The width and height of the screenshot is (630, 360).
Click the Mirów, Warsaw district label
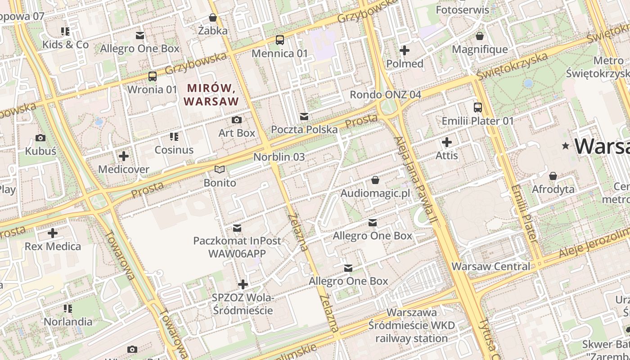pos(211,94)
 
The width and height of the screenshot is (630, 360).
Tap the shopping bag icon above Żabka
pos(213,18)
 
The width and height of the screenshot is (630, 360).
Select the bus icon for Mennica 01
pos(280,40)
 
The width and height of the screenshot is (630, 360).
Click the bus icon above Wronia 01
pos(153,76)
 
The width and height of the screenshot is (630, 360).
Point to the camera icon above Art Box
pos(236,120)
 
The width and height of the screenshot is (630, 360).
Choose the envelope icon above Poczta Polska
pos(304,117)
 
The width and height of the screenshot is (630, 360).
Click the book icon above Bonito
pos(220,170)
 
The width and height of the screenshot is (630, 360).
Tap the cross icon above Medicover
pos(123,156)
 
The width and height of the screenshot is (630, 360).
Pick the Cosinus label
pos(174,150)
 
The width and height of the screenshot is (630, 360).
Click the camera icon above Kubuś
pos(40,138)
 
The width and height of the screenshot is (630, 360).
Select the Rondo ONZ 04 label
pos(386,94)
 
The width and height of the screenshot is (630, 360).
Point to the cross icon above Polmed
pos(405,50)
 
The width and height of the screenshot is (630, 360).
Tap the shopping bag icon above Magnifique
pos(480,36)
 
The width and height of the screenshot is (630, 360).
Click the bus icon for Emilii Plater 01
pos(477,108)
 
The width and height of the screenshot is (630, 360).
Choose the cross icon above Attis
pos(446,143)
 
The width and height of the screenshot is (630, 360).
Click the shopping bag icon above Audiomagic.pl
pos(375,180)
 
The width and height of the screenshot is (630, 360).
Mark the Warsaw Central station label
pos(491,266)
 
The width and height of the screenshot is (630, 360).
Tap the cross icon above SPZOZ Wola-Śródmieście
pos(243,284)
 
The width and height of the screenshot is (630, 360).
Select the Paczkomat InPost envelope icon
pos(237,228)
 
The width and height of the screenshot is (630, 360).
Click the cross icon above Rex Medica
pos(53,233)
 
